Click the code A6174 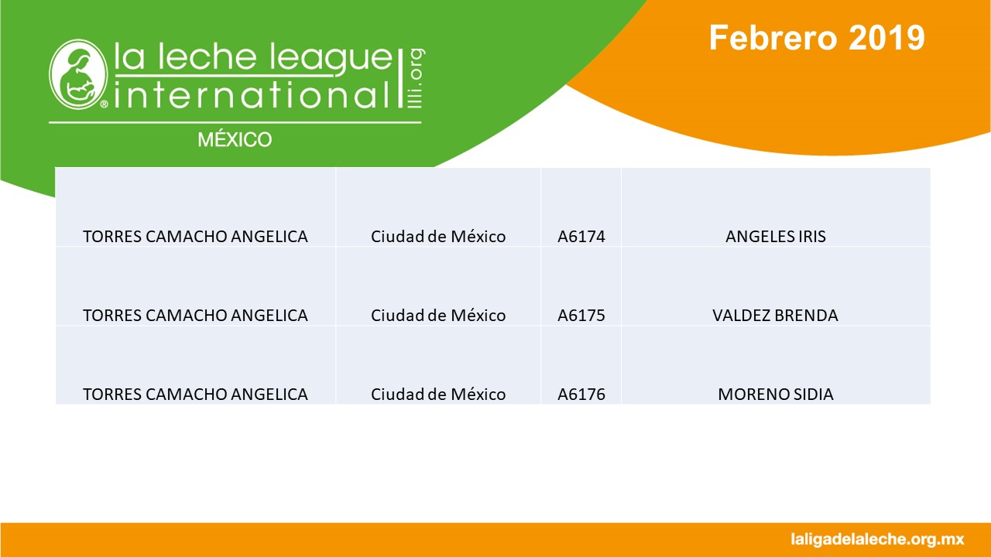[x=581, y=237]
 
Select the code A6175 [x=581, y=315]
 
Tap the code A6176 [x=581, y=394]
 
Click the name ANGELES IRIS [x=776, y=237]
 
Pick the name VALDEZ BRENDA [x=775, y=315]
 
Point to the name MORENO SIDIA [x=776, y=394]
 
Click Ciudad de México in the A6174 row [x=438, y=237]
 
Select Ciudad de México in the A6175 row [x=438, y=315]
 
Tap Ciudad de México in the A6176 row [x=438, y=394]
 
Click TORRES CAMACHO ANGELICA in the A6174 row [x=195, y=237]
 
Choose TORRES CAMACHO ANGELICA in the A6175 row [x=195, y=315]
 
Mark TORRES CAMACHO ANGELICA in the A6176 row [x=195, y=394]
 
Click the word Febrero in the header [x=773, y=38]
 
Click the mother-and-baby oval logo [x=78, y=73]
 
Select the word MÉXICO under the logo [x=235, y=139]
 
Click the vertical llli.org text [x=416, y=78]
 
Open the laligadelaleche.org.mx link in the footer [x=877, y=540]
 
